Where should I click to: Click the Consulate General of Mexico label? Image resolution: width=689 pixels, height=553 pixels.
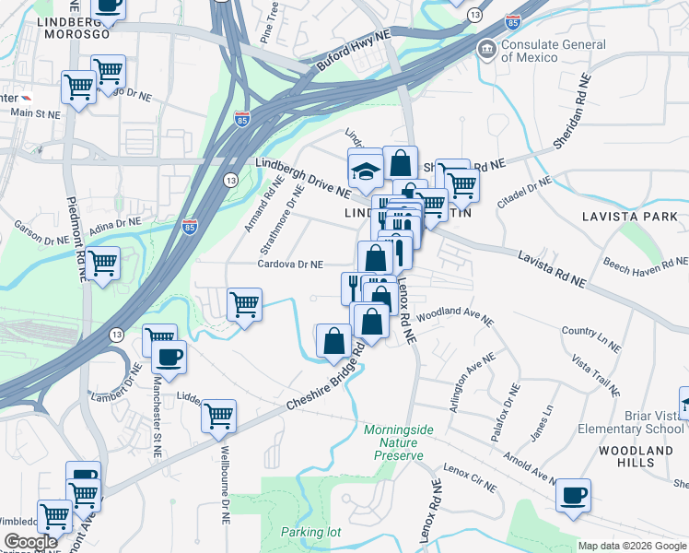pos(555,51)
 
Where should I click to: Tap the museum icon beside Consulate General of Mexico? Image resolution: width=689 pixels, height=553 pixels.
pos(485,49)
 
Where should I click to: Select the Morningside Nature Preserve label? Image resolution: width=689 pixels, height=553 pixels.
pos(393,442)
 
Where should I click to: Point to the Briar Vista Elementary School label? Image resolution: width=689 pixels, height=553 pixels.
pos(631,421)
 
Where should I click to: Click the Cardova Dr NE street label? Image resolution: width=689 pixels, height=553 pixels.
pos(290,264)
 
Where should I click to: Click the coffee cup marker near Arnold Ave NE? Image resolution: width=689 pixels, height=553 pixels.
pos(575,495)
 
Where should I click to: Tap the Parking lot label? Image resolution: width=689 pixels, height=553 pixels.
pos(310,532)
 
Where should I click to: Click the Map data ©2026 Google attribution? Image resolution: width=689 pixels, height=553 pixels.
pos(631,546)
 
